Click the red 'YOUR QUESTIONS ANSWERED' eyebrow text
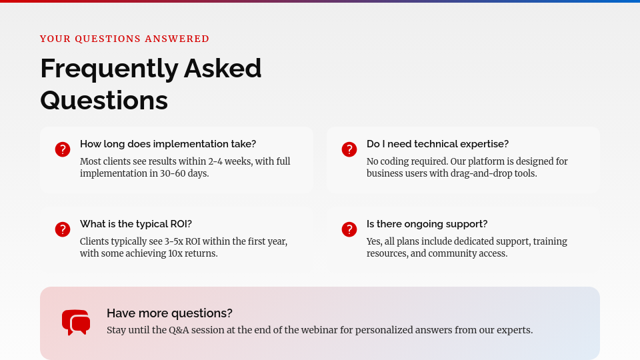tap(125, 39)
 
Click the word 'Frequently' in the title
tap(109, 69)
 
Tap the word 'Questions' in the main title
tap(104, 101)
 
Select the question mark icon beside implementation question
tap(63, 149)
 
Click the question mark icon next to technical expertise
tap(349, 149)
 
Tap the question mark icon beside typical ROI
tap(63, 229)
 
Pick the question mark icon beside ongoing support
tap(349, 229)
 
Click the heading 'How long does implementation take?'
tap(168, 144)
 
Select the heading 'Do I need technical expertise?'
tap(437, 144)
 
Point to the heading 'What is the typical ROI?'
tap(136, 224)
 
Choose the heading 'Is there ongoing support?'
tap(427, 224)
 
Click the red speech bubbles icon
tap(76, 323)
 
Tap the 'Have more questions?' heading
tap(169, 313)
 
